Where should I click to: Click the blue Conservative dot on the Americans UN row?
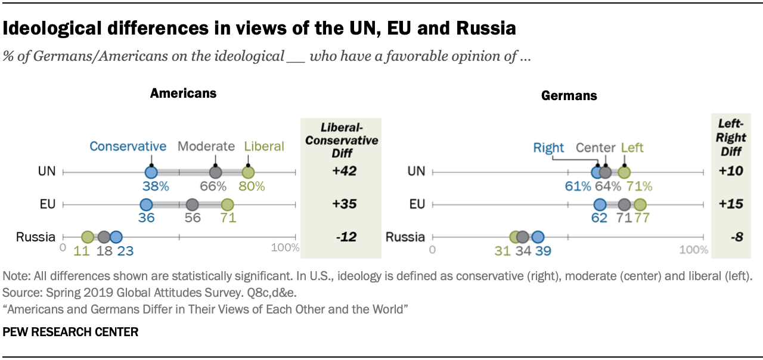click(151, 172)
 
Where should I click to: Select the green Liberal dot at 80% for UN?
click(248, 172)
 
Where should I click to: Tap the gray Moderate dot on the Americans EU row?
click(192, 204)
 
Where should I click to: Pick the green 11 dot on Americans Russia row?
click(88, 237)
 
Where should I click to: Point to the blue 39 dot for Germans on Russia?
click(538, 237)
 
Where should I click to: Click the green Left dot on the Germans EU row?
click(640, 204)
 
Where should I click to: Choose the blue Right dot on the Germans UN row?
click(597, 172)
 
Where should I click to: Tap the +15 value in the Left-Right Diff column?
click(727, 204)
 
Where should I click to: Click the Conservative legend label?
click(128, 147)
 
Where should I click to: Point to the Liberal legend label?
click(264, 147)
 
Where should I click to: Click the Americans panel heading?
click(183, 93)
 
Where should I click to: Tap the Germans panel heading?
click(569, 95)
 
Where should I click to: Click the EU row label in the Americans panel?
click(47, 204)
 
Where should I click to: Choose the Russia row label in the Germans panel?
click(405, 237)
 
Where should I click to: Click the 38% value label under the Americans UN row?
click(155, 187)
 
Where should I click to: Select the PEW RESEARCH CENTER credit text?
click(70, 332)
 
